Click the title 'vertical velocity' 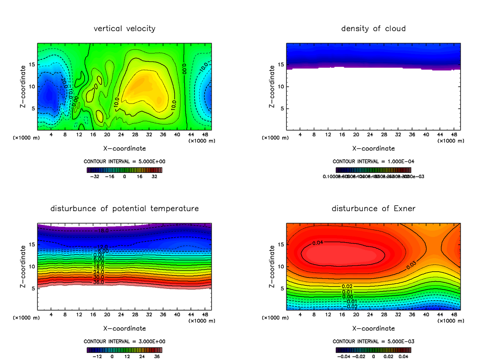point(124,29)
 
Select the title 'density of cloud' point(373,29)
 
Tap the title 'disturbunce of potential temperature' point(124,208)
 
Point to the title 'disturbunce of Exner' point(373,208)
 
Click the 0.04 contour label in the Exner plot point(317,243)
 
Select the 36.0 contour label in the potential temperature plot point(99,282)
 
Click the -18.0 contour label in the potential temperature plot point(101,231)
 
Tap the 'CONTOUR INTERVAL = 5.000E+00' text point(124,161)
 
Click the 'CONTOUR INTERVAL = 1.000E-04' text point(373,161)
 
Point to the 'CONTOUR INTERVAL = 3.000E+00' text point(124,341)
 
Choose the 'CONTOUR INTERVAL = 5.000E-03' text point(373,341)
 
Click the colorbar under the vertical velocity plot point(124,170)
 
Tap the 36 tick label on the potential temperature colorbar point(157,356)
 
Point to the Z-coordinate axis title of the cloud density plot point(272,87)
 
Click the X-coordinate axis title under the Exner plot point(373,328)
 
